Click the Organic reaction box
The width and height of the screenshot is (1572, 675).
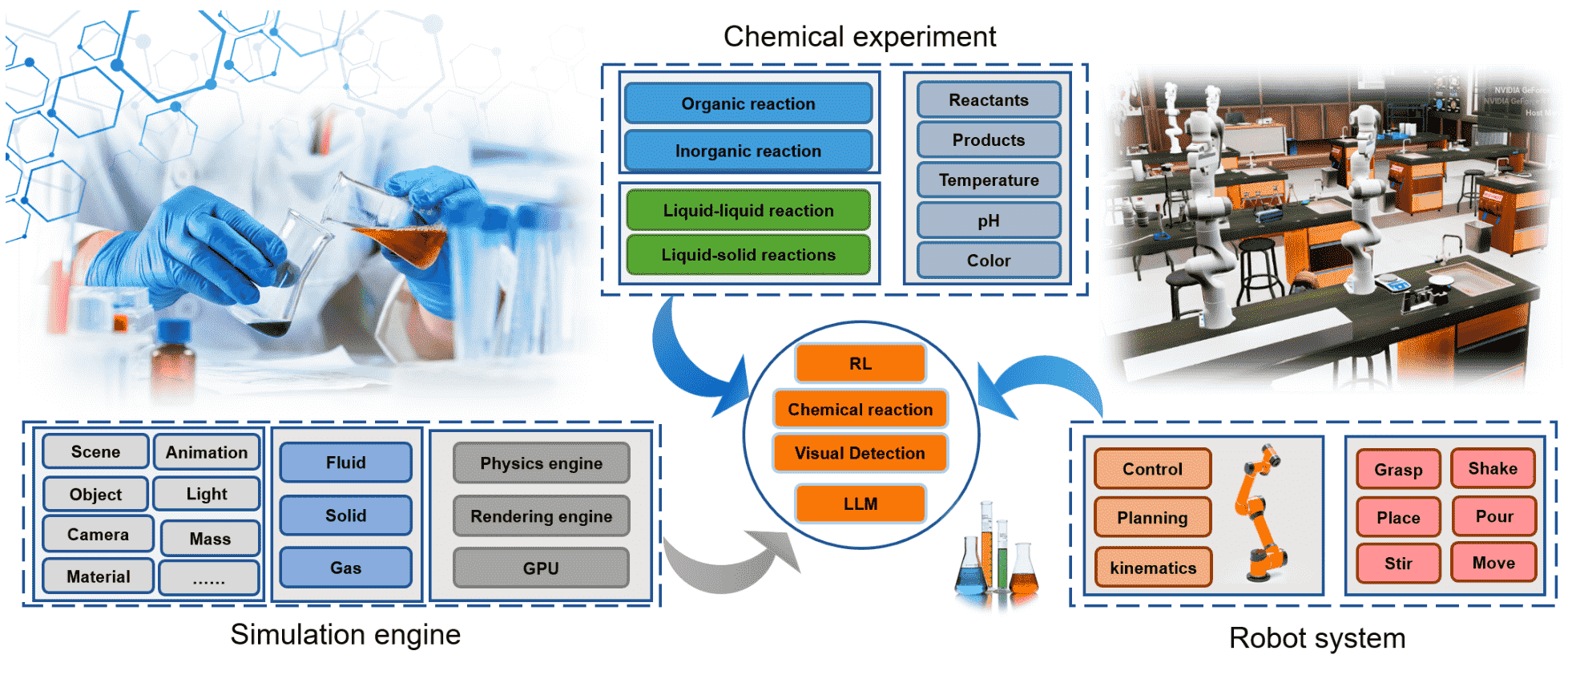[748, 103]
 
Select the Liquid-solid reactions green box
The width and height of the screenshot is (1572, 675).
[748, 255]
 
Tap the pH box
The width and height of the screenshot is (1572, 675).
[988, 220]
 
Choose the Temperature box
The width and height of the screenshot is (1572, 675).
[988, 180]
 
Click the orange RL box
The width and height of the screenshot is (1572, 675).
[860, 364]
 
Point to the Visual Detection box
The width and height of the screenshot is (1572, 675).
[860, 453]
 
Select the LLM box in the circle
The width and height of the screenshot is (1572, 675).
[860, 503]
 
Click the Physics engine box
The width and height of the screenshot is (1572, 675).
[541, 463]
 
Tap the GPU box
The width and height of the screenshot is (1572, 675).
[541, 568]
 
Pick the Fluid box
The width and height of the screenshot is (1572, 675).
[345, 463]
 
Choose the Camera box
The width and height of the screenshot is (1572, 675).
[98, 535]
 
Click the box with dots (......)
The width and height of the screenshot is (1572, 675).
[209, 578]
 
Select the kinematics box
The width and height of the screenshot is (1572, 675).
[1152, 568]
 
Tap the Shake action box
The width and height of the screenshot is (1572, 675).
[1492, 469]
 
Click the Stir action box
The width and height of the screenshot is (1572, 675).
[1398, 564]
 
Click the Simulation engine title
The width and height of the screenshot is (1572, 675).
[345, 635]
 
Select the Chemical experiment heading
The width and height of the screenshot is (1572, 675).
[859, 37]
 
